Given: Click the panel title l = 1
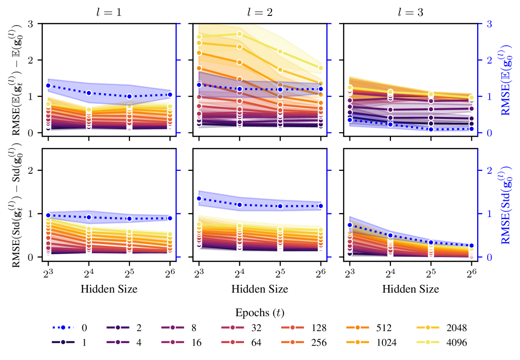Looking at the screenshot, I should [109, 13].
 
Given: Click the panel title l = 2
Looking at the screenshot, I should [260, 13].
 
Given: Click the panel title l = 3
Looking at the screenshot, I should [411, 13].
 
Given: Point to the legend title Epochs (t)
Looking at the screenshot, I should [260, 312].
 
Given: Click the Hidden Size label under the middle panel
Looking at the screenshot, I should [260, 289].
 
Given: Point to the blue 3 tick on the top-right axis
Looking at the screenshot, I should [489, 24].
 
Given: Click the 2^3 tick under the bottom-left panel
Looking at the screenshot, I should [48, 273].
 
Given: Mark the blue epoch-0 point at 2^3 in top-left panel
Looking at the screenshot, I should [48, 86].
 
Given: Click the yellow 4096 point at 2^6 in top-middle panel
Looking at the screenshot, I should [321, 68].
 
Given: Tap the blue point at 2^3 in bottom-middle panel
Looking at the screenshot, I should [198, 199].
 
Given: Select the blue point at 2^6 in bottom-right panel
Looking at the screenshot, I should [471, 246].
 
